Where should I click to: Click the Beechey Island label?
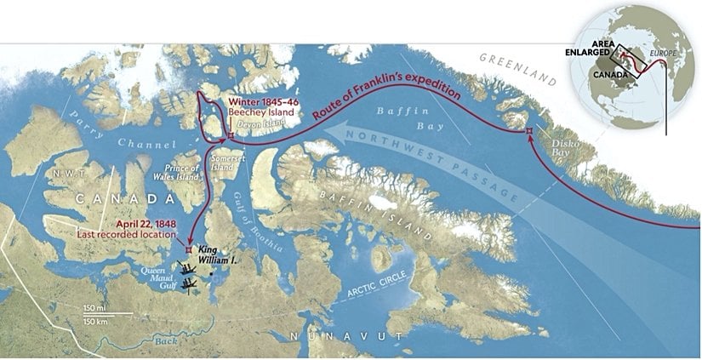coord(260,111)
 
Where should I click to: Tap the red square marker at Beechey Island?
coord(230,134)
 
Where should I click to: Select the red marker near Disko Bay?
coord(529,131)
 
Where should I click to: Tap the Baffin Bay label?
coord(401,114)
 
